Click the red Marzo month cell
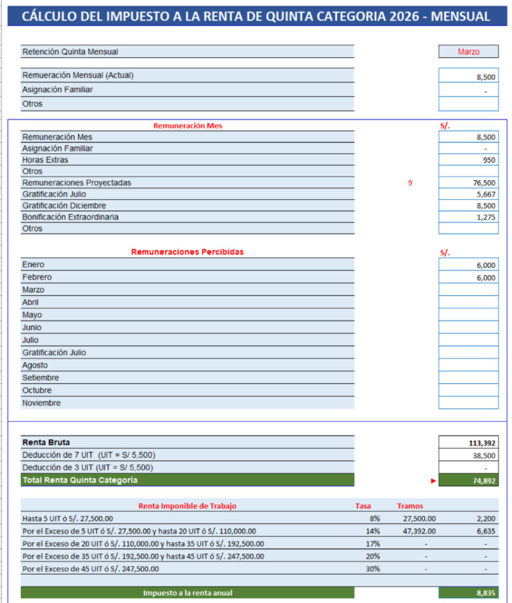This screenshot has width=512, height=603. click(468, 52)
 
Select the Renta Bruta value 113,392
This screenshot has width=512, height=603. click(468, 443)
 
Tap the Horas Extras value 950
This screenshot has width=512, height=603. click(468, 160)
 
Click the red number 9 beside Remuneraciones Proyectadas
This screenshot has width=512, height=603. click(410, 183)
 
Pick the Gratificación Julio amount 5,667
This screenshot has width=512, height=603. click(468, 194)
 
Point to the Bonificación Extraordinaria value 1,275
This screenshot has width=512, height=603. click(468, 217)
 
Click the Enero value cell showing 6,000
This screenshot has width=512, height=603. click(468, 265)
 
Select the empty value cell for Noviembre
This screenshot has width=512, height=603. click(468, 403)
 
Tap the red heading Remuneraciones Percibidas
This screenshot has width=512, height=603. click(187, 252)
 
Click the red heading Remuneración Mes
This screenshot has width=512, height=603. click(187, 126)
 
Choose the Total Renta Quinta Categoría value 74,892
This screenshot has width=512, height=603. click(468, 481)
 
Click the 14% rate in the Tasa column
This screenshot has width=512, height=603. click(372, 531)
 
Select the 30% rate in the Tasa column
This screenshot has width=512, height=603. click(372, 569)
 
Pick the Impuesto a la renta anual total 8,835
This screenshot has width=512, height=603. click(468, 593)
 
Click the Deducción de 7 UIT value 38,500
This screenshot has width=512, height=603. click(468, 456)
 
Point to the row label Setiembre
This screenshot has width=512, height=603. click(41, 378)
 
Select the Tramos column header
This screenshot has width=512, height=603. click(410, 506)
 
